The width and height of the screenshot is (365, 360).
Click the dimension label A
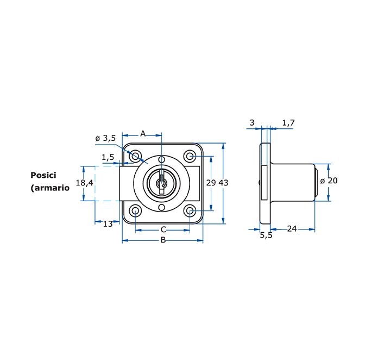click(x=143, y=134)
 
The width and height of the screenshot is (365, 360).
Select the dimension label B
click(x=163, y=240)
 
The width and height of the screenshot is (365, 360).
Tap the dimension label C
click(x=163, y=229)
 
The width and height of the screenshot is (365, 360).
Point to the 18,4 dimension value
click(x=85, y=183)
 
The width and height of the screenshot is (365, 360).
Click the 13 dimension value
click(x=108, y=224)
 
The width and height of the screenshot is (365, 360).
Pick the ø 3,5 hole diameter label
click(x=105, y=138)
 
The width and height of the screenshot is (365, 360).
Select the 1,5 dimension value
click(x=108, y=157)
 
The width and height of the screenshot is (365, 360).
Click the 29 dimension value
click(x=211, y=183)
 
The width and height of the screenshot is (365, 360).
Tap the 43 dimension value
click(x=223, y=183)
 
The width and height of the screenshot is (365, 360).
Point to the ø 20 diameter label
click(x=329, y=181)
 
